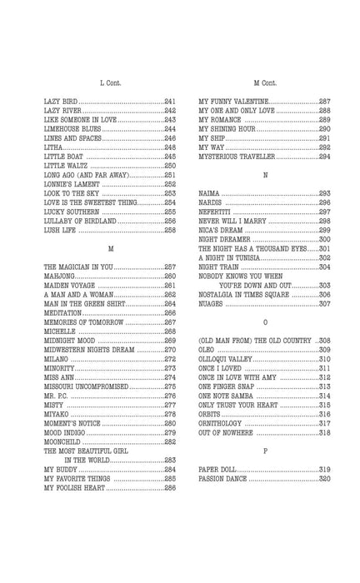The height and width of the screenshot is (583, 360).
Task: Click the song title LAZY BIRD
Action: click(x=63, y=101)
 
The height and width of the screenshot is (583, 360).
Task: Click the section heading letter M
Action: click(x=110, y=248)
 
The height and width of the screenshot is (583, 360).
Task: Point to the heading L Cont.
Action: click(x=110, y=82)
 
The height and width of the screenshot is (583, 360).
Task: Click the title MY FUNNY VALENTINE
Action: click(x=233, y=101)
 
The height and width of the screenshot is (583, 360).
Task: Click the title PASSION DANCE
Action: click(x=227, y=479)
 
